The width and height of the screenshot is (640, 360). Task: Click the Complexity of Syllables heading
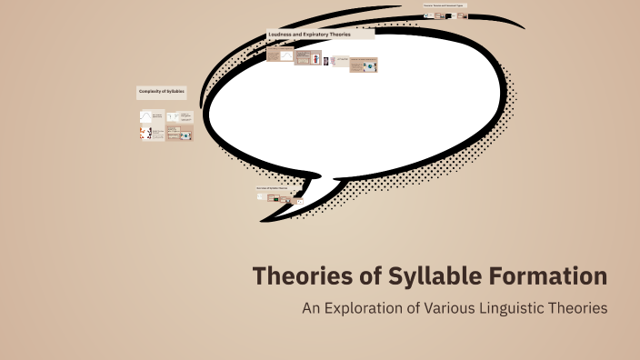(x=161, y=92)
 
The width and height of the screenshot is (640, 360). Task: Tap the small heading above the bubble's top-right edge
(x=445, y=5)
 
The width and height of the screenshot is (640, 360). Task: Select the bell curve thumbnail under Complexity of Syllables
(x=145, y=116)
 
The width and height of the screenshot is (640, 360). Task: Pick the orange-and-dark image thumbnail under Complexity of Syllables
(x=145, y=134)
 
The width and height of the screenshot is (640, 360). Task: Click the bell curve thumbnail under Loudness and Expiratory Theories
(x=286, y=55)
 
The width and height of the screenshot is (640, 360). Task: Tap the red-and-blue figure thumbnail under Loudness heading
(x=315, y=58)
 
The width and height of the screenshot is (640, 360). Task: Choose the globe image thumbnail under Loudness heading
(x=370, y=66)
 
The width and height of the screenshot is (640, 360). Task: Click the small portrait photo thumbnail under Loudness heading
(x=325, y=61)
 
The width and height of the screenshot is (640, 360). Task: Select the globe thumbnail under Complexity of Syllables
(x=185, y=135)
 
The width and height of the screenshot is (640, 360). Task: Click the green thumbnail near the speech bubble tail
(x=273, y=197)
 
